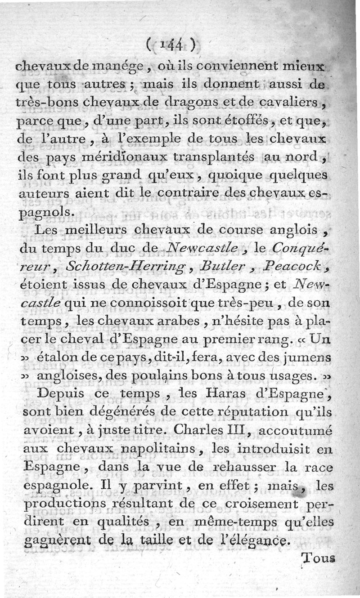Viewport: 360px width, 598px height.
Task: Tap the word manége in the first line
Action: (120, 67)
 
